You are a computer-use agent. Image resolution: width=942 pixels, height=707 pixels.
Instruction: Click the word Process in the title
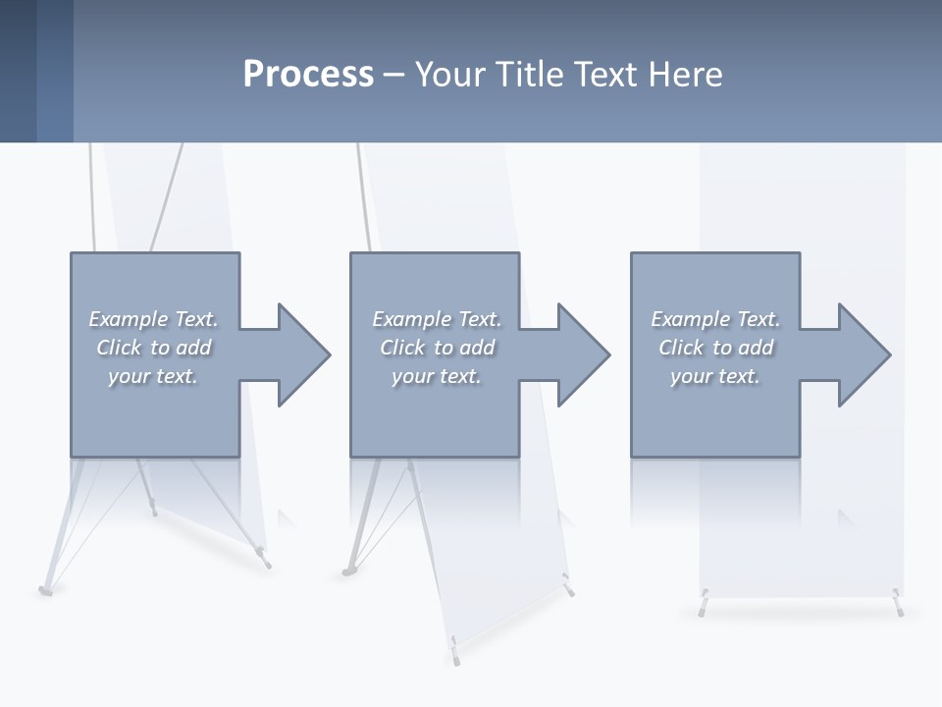click(308, 75)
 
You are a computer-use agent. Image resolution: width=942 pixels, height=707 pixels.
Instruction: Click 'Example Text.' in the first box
click(153, 319)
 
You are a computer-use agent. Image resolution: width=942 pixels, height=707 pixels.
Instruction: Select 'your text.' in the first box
click(153, 376)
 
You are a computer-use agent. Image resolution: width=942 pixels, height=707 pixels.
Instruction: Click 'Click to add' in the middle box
click(437, 348)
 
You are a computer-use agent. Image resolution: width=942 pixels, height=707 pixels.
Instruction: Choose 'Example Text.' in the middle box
click(437, 319)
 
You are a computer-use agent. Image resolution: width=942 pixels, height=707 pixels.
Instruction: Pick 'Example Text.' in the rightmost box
click(715, 319)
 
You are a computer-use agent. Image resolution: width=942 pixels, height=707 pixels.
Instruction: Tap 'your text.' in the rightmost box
click(715, 376)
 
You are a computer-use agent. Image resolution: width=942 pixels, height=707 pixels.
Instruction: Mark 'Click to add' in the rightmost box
click(715, 348)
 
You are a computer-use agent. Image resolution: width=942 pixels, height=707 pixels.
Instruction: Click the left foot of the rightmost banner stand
click(704, 608)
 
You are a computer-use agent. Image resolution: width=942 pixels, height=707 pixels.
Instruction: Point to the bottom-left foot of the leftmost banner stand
click(44, 590)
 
